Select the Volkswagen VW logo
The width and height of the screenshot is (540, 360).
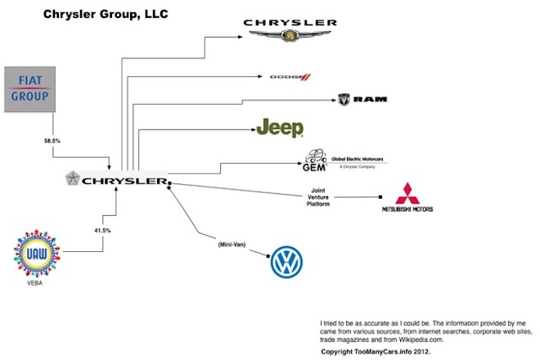pyautogui.click(x=287, y=263)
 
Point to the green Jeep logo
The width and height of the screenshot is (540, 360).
pyautogui.click(x=280, y=128)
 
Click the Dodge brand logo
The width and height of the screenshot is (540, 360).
pyautogui.click(x=290, y=78)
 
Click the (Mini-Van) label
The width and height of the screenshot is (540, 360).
pyautogui.click(x=228, y=243)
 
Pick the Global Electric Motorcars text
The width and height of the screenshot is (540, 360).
pyautogui.click(x=362, y=158)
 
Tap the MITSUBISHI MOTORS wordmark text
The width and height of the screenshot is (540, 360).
pyautogui.click(x=407, y=209)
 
